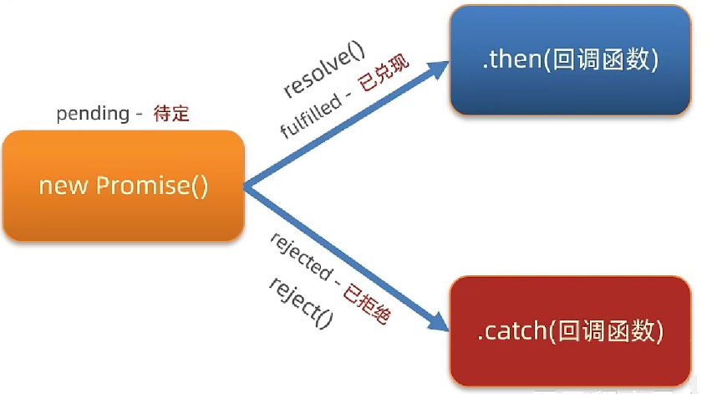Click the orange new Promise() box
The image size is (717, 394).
pyautogui.click(x=123, y=186)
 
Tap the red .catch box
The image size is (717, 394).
pyautogui.click(x=570, y=331)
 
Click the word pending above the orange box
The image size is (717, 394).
pyautogui.click(x=91, y=114)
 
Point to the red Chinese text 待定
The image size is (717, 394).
pyautogui.click(x=171, y=114)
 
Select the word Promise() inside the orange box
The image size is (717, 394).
pyautogui.click(x=151, y=186)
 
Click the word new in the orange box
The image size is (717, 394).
pyautogui.click(x=64, y=186)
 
